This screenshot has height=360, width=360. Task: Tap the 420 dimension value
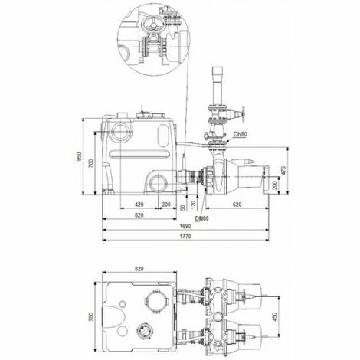[x=139, y=205]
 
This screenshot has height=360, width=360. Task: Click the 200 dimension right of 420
[x=165, y=205]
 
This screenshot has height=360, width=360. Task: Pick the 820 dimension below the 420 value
[x=139, y=217]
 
